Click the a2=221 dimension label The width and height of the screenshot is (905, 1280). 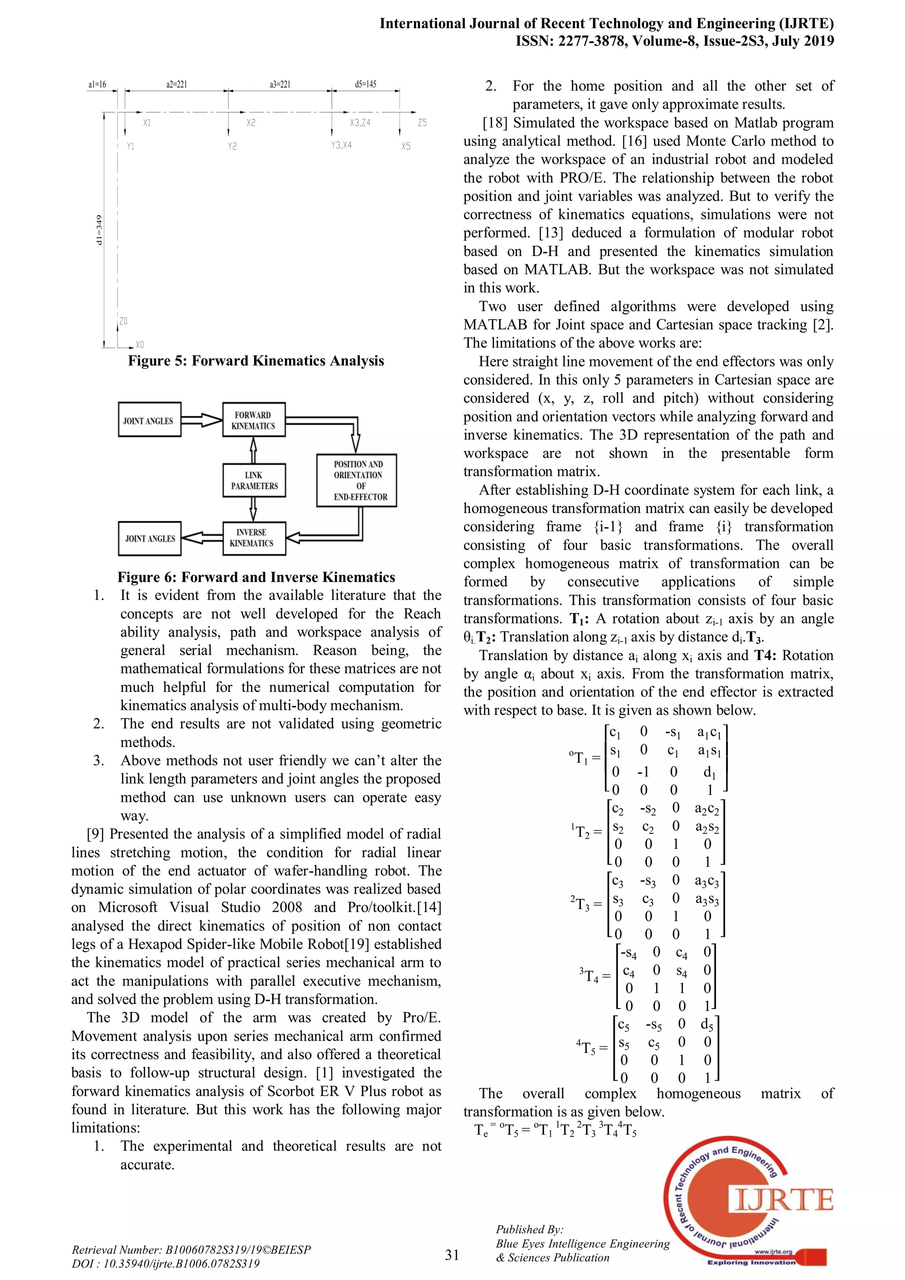176,85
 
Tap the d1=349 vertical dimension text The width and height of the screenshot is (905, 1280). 99,229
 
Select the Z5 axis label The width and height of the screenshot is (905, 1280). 422,122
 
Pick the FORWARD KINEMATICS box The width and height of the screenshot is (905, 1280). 254,420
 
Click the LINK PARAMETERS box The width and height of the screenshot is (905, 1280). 254,480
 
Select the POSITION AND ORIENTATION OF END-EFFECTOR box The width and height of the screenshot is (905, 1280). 357,480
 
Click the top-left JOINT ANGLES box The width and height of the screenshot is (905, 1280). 149,420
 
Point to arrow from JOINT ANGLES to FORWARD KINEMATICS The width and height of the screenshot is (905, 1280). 201,420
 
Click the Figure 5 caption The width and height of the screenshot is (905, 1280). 256,361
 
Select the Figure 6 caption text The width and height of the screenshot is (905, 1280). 256,577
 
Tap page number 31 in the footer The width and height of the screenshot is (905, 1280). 452,1254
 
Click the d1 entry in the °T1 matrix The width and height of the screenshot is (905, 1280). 708,772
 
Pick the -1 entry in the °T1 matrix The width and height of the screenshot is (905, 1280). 643,772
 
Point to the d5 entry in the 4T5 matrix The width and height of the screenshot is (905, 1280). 706,1024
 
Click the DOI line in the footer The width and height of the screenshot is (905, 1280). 166,1263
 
